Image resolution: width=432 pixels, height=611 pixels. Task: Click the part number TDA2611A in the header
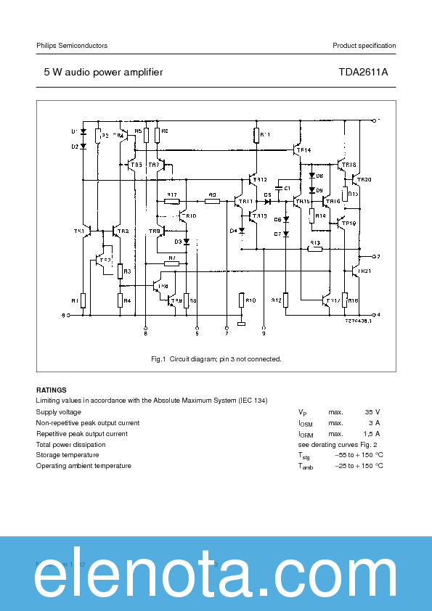coord(363,73)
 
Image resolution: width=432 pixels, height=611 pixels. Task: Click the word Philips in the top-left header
coord(47,46)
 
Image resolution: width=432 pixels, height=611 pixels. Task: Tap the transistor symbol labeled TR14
coord(295,149)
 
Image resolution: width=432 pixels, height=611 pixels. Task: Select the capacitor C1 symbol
coord(279,188)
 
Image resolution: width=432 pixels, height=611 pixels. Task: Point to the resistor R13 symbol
coord(314,249)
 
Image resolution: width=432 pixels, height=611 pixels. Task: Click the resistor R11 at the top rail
coord(256,135)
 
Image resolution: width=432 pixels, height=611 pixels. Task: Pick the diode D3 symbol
coord(186,242)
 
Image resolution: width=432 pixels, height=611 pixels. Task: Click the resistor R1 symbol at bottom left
coord(83,300)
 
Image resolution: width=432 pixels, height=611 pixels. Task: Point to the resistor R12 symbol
coord(285,300)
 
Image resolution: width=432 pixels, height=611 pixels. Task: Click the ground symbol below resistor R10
coord(242,324)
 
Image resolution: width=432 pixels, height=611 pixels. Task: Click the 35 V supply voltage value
coord(372,412)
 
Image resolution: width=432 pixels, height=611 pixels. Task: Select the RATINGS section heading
coord(51,390)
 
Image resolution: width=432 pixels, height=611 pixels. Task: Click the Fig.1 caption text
coord(216,359)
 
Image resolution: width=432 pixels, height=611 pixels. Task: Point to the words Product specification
coord(364,46)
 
